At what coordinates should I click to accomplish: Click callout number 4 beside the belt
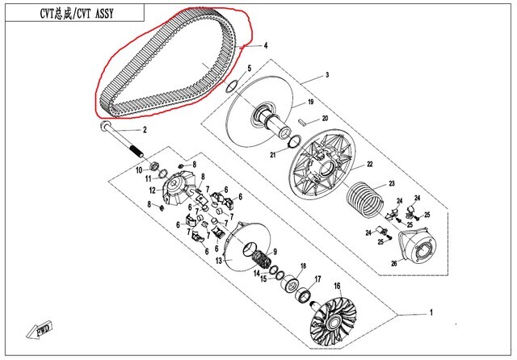[266, 46]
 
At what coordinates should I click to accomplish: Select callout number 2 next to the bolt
[145, 130]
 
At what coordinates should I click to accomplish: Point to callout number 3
[327, 75]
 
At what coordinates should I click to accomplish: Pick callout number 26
[393, 262]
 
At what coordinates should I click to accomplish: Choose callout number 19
[309, 103]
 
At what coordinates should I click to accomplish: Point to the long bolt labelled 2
[121, 139]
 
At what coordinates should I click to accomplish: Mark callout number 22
[369, 165]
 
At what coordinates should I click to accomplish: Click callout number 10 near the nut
[138, 170]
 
